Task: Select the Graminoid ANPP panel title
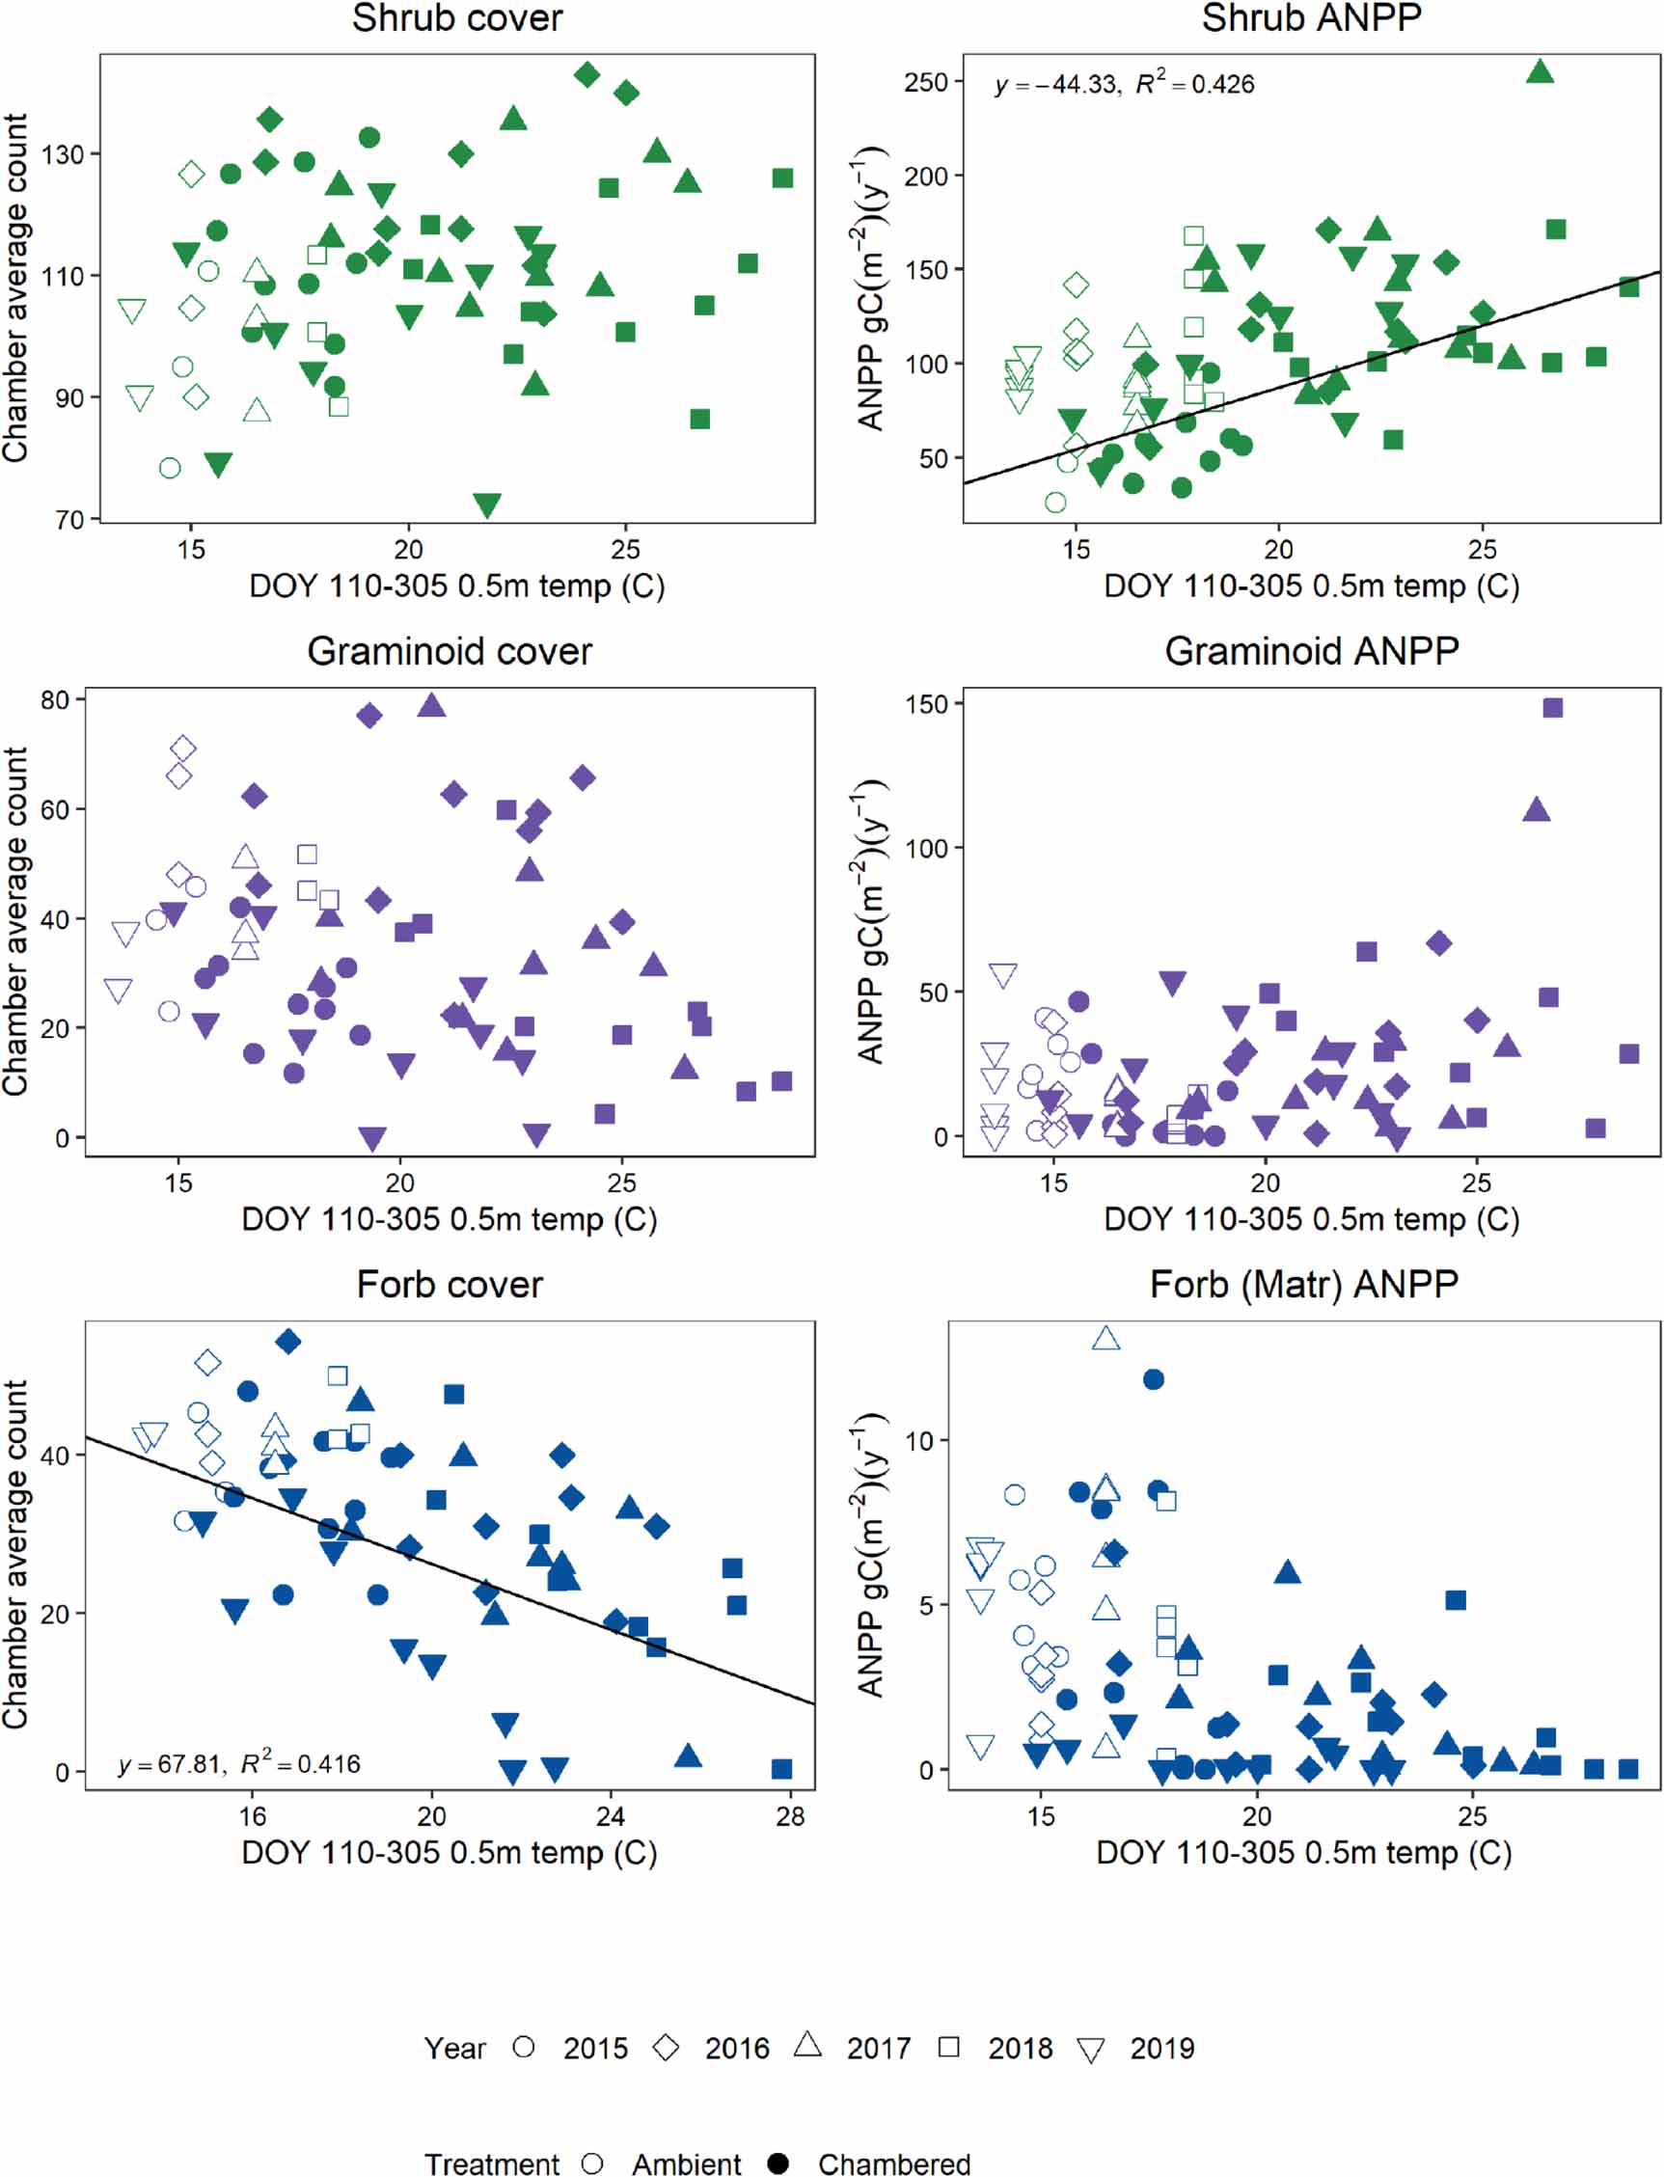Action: click(1311, 652)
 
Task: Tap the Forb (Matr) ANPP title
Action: click(1303, 1285)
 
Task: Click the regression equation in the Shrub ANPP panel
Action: click(1124, 84)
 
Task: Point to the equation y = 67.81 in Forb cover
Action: click(238, 1764)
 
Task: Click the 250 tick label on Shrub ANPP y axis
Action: click(926, 82)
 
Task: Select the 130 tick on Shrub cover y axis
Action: click(63, 154)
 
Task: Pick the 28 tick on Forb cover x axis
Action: click(789, 1816)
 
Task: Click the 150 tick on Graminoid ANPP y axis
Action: click(926, 704)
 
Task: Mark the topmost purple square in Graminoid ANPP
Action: click(1553, 707)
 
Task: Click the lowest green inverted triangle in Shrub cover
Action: click(486, 505)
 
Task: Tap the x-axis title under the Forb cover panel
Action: click(449, 1852)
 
